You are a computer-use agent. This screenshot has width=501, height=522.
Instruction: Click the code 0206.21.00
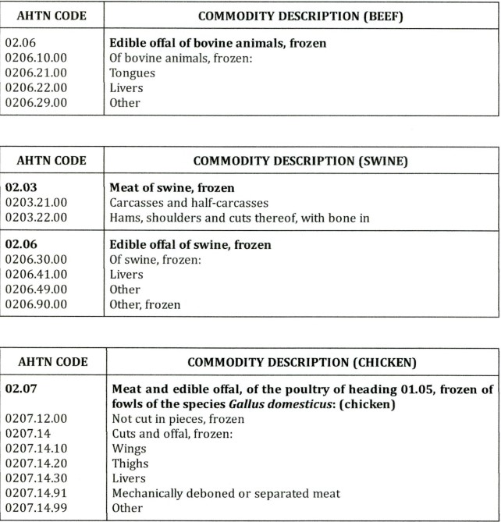click(36, 73)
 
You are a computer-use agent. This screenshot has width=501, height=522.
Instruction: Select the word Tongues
click(132, 73)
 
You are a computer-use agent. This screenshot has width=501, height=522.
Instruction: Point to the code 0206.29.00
click(36, 102)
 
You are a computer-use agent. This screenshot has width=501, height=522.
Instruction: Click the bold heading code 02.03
click(20, 188)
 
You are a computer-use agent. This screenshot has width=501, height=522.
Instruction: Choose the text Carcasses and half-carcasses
click(190, 203)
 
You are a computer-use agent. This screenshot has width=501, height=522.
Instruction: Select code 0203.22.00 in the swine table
click(36, 218)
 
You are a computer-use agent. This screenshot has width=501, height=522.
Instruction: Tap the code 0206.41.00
click(36, 275)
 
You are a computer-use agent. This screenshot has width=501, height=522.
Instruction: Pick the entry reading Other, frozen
click(144, 304)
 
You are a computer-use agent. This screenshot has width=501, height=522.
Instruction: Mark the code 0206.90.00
click(36, 304)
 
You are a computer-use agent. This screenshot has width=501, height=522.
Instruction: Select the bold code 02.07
click(20, 389)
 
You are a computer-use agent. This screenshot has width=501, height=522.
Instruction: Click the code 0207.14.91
click(36, 493)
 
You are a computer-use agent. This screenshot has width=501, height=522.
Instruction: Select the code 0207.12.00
click(36, 418)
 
